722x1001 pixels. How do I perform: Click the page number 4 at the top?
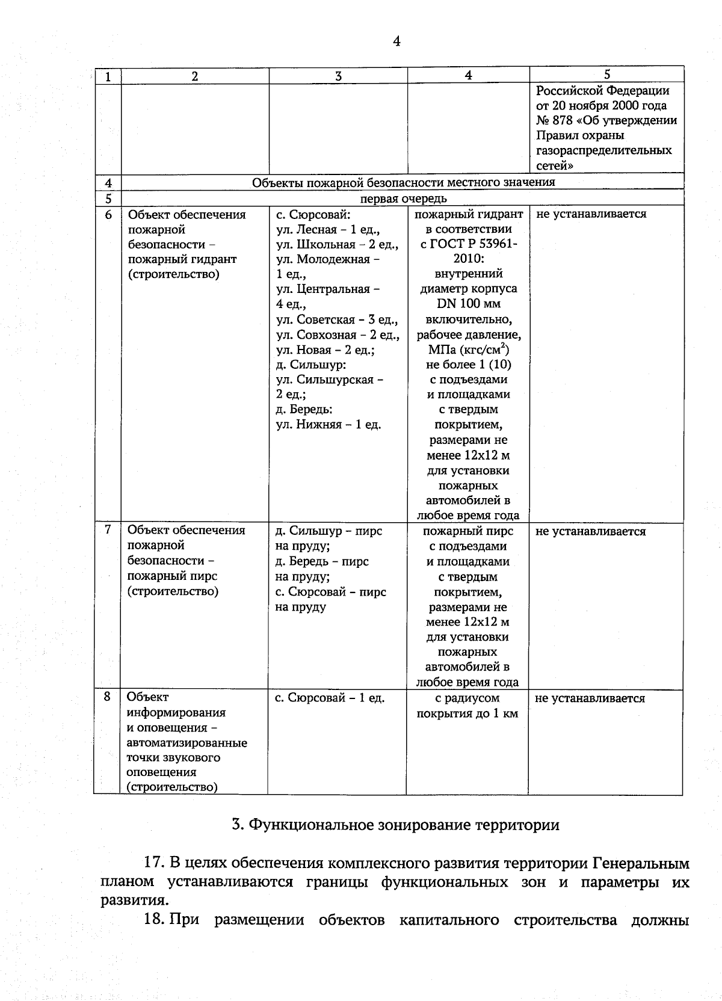click(396, 41)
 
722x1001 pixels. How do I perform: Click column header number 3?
click(339, 76)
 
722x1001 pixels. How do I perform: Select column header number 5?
click(606, 74)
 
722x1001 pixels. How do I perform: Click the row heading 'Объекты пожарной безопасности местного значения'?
click(403, 182)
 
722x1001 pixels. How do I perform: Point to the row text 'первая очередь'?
click(403, 199)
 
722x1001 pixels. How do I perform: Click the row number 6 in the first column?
click(108, 215)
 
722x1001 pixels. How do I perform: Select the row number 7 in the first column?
click(108, 529)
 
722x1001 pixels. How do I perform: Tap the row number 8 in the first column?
click(107, 697)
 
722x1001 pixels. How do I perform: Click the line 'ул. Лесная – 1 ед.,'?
click(329, 229)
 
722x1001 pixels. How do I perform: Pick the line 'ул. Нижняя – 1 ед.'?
click(329, 425)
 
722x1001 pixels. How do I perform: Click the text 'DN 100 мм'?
click(468, 304)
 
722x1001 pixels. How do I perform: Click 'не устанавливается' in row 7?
click(590, 532)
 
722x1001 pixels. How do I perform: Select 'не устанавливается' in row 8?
click(590, 698)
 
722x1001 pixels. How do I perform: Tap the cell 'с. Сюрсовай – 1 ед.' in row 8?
click(330, 698)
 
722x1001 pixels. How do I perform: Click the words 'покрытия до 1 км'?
click(467, 714)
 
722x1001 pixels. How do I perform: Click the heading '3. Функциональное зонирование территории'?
click(395, 825)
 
